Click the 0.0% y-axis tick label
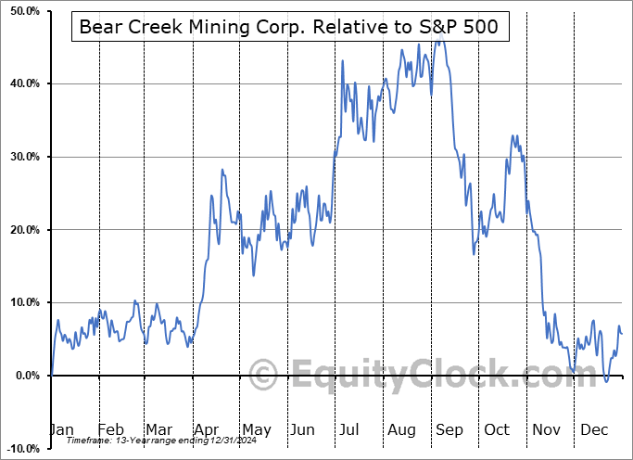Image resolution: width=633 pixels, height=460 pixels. tap(26, 376)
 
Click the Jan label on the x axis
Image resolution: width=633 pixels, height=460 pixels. tap(60, 429)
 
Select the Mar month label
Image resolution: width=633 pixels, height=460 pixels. tap(158, 429)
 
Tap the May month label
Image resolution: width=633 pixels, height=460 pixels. tap(256, 429)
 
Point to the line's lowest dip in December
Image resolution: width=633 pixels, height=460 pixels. tap(606, 380)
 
